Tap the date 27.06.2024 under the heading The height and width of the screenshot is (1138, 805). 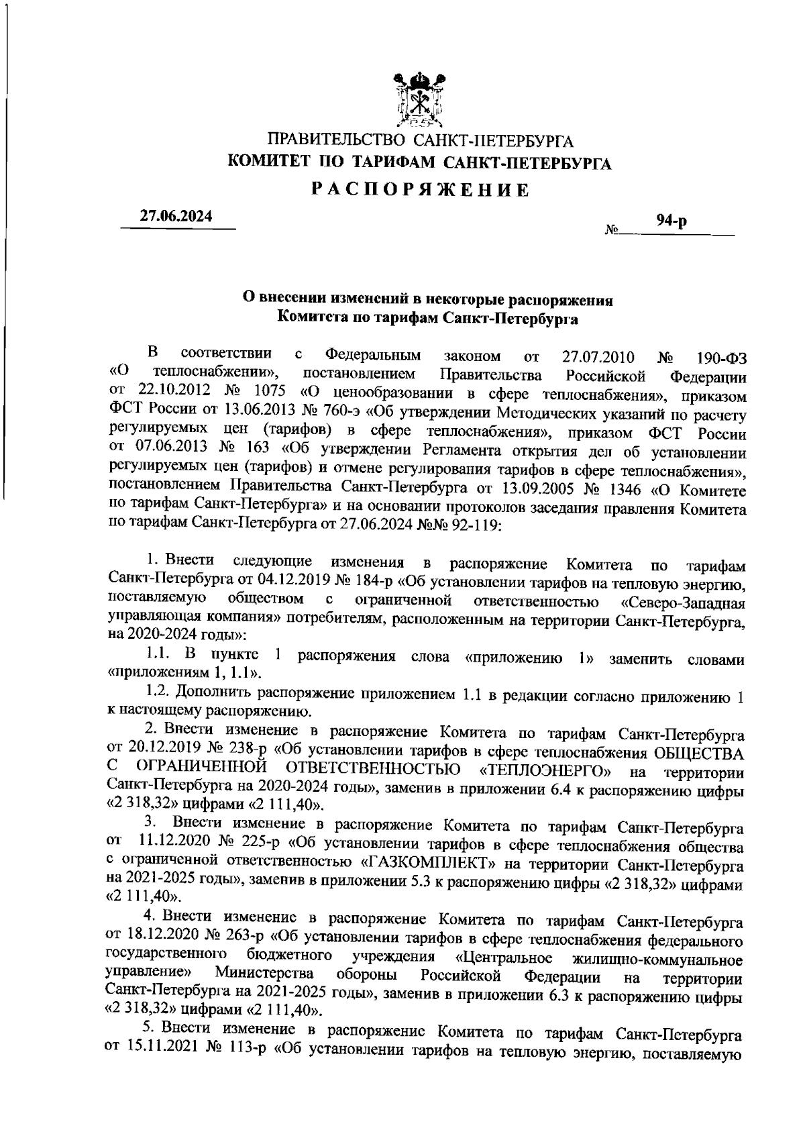[176, 216]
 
